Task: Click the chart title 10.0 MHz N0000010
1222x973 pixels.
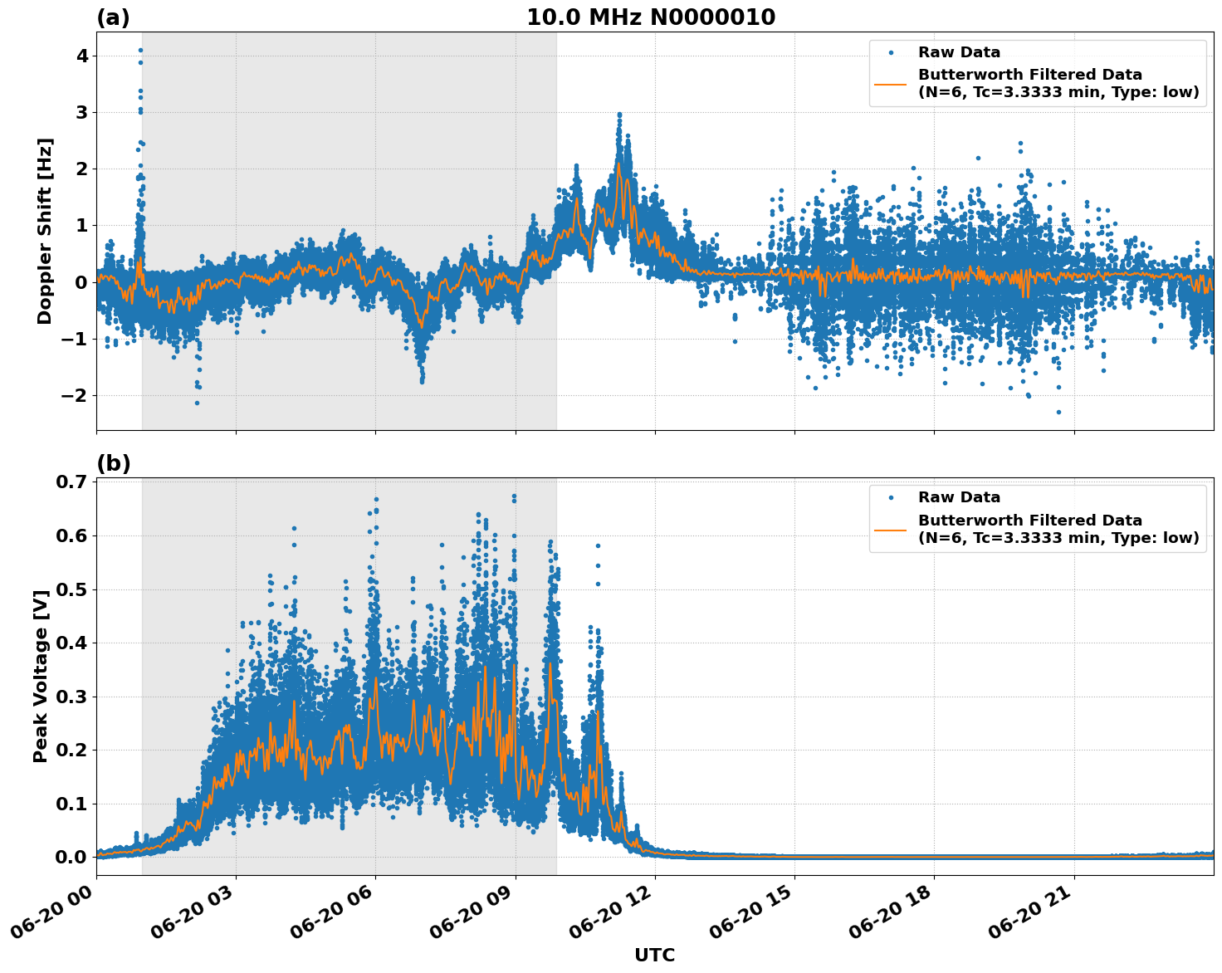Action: [651, 17]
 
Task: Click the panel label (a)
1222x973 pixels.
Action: [113, 17]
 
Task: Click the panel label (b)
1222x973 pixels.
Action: [113, 463]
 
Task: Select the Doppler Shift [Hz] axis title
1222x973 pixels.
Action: [45, 231]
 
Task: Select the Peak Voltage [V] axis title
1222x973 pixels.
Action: [41, 676]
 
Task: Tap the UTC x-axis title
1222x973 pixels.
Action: [654, 955]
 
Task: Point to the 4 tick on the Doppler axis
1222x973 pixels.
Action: [82, 56]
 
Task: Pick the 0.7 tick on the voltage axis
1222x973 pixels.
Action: [71, 482]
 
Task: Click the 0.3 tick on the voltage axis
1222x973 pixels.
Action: [71, 697]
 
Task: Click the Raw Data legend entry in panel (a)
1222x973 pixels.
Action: [959, 52]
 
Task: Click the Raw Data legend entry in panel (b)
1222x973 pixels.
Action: [959, 497]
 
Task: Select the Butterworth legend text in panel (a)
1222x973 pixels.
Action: [1058, 83]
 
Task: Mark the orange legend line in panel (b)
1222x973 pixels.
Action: [891, 529]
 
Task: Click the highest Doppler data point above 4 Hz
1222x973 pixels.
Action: [140, 50]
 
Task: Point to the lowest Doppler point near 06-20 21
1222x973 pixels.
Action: [1058, 412]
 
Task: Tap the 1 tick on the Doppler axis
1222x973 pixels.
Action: [82, 225]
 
